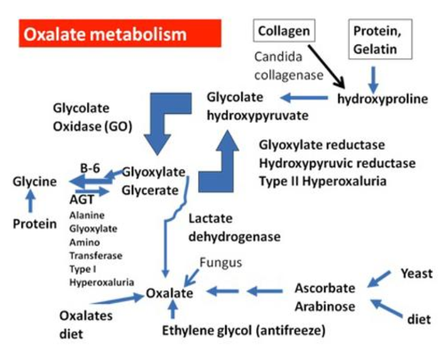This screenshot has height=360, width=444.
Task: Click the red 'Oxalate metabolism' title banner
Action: tap(121, 33)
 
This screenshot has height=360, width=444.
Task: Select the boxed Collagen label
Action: tap(284, 31)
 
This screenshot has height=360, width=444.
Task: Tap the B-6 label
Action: tap(90, 168)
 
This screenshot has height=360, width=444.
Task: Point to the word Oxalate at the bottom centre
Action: tap(169, 293)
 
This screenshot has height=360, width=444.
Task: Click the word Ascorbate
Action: tap(325, 287)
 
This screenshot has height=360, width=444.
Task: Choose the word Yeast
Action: tap(416, 273)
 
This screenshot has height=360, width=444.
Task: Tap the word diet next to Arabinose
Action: tap(419, 320)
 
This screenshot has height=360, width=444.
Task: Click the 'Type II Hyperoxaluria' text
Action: tap(323, 180)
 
